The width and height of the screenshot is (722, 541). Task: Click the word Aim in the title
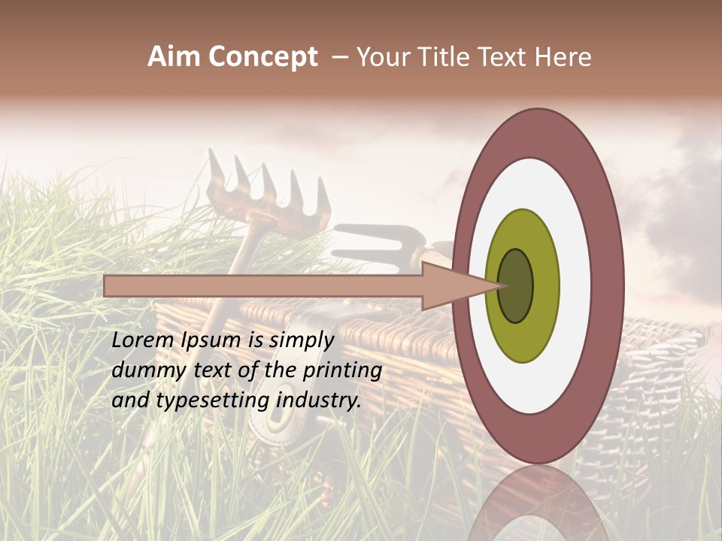[x=174, y=57]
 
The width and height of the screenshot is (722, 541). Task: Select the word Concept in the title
[x=262, y=57]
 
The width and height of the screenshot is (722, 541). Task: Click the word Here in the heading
[x=564, y=57]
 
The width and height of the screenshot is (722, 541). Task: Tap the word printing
[x=342, y=370]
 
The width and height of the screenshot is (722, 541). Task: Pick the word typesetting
[x=214, y=400]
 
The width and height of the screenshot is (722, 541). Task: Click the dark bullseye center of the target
[x=516, y=286]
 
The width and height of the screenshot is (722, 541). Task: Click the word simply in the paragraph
[x=302, y=340]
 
